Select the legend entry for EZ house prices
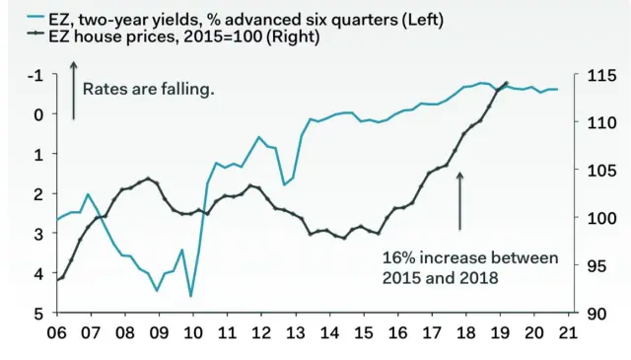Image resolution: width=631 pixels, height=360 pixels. [183, 36]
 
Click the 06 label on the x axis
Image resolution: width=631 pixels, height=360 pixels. [56, 332]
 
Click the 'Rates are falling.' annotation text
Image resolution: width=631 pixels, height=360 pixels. [148, 89]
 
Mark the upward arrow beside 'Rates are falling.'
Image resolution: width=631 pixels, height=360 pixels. [73, 89]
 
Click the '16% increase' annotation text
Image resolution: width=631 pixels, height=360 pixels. [470, 267]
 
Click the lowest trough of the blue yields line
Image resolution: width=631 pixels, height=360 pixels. [190, 295]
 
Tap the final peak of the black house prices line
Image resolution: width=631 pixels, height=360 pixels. [507, 83]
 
